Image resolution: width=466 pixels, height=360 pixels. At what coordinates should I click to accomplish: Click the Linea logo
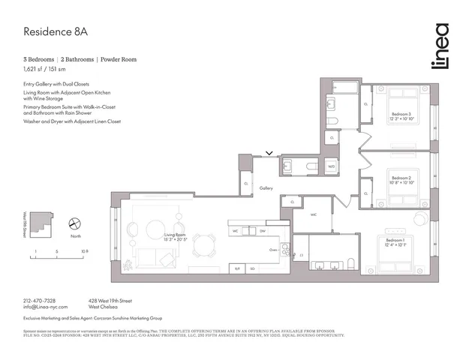tap(440, 46)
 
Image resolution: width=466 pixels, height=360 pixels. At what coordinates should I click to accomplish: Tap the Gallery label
tap(266, 188)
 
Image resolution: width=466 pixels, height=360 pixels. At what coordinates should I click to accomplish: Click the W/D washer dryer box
tap(331, 167)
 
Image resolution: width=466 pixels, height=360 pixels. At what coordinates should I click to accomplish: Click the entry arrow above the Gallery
tap(269, 154)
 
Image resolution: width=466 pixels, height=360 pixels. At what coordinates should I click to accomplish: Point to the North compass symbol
tap(74, 223)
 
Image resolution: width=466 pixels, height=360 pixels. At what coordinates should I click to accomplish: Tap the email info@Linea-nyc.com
tap(45, 307)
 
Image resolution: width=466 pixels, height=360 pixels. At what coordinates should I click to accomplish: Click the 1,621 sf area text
tap(37, 68)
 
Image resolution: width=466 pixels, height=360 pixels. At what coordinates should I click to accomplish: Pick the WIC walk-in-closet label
tap(315, 213)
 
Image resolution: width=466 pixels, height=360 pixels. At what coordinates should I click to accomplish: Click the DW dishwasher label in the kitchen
tap(263, 231)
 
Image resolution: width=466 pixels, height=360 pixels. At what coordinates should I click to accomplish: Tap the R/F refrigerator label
tap(238, 268)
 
